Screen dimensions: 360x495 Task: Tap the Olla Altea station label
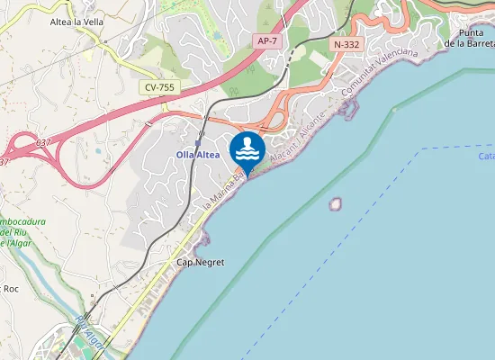[x=197, y=155]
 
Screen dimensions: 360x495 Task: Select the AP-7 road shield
[x=266, y=40]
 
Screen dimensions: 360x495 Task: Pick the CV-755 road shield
[x=158, y=87]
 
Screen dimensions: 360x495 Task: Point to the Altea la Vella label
[x=76, y=22]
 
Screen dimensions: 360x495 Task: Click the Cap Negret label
[x=200, y=262]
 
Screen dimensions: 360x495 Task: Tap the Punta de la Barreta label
[x=470, y=37]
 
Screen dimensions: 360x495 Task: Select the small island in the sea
[x=336, y=204]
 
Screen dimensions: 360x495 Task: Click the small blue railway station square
[x=197, y=142]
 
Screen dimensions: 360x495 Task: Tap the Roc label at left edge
[x=11, y=288]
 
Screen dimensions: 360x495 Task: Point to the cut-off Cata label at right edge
[x=486, y=156]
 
